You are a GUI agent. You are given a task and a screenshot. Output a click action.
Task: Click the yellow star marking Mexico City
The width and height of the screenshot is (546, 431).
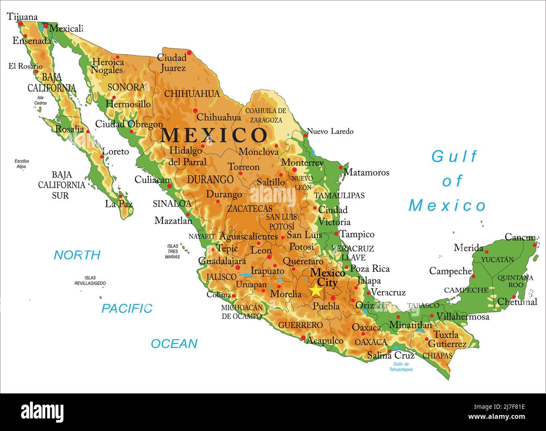(316, 290)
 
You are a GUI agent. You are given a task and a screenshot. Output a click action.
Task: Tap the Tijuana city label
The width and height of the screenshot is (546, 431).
(22, 17)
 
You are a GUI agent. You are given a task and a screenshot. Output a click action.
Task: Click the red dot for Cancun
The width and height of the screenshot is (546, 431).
(535, 245)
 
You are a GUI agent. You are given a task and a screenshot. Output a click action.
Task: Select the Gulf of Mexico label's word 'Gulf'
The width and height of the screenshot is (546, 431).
(454, 157)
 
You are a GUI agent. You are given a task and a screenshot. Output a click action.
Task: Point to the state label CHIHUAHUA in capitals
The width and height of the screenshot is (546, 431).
(192, 94)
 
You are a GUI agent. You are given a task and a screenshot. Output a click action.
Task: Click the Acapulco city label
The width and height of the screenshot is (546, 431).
(325, 341)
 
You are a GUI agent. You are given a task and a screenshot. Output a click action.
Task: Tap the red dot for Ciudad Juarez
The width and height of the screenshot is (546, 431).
(189, 53)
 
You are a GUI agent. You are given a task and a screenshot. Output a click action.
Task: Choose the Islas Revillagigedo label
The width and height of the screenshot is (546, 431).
(90, 281)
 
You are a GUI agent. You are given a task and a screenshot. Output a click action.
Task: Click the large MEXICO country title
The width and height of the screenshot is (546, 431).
(214, 135)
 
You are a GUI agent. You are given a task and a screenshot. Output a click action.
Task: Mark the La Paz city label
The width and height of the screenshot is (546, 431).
(119, 204)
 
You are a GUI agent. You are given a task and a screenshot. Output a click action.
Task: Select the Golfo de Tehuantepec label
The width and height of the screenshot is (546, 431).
(401, 367)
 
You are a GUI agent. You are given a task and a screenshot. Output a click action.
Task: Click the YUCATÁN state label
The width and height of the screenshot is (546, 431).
(497, 260)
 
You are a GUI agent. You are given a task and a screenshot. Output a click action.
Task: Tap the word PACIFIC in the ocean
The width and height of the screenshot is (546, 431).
(127, 309)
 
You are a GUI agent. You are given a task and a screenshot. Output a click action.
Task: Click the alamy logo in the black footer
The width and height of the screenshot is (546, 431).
(42, 412)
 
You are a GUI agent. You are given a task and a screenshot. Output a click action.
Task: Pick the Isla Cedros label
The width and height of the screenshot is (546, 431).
(40, 100)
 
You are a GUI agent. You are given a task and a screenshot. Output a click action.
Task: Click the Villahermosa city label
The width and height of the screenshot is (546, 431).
(462, 317)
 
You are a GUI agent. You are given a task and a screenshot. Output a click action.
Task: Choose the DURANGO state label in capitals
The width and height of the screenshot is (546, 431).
(210, 180)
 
